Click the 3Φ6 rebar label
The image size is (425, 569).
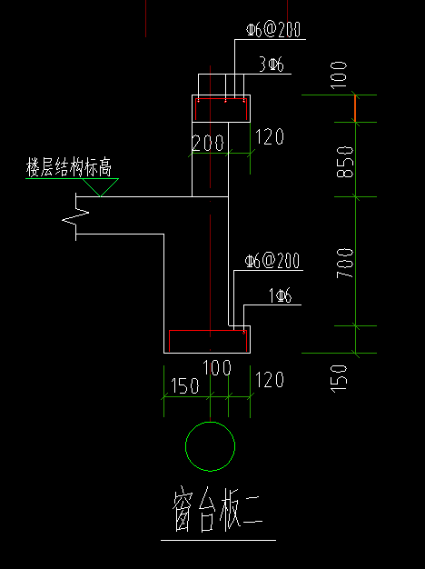click(x=272, y=65)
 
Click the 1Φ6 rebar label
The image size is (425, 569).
click(x=280, y=295)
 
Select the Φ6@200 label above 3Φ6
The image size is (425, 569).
click(x=273, y=30)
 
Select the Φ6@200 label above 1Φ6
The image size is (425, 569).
click(x=272, y=261)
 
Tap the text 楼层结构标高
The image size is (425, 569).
click(x=69, y=167)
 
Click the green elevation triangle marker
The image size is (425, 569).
click(x=99, y=186)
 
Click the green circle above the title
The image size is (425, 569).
click(x=210, y=445)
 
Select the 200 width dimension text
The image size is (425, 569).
click(x=208, y=142)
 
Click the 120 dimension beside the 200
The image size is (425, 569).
click(x=270, y=137)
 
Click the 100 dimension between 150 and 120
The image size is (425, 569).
click(x=216, y=368)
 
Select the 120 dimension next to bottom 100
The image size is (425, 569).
click(x=270, y=381)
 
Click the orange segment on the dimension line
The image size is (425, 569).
click(x=354, y=108)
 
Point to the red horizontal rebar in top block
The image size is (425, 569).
click(x=223, y=100)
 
